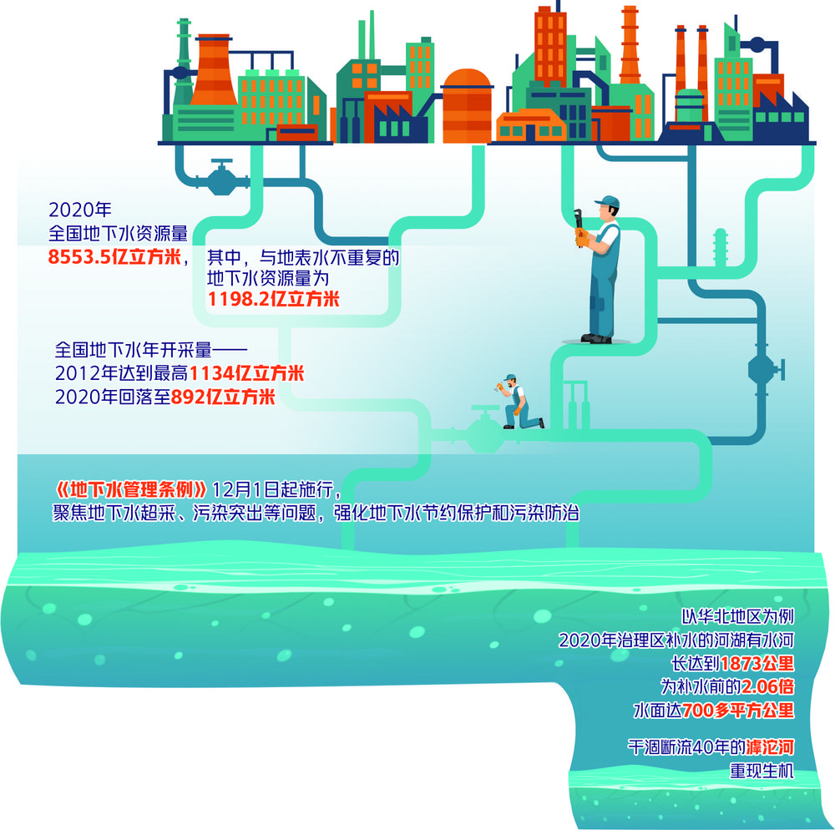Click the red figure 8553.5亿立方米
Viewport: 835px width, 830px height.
point(115,257)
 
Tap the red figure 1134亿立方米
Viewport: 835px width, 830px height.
point(246,373)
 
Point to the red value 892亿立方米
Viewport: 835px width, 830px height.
point(223,397)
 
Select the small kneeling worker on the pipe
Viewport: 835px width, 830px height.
point(519,402)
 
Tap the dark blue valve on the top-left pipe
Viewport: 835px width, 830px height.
point(221,178)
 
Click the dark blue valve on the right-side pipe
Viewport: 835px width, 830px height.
point(762,367)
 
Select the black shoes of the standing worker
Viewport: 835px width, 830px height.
point(596,338)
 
